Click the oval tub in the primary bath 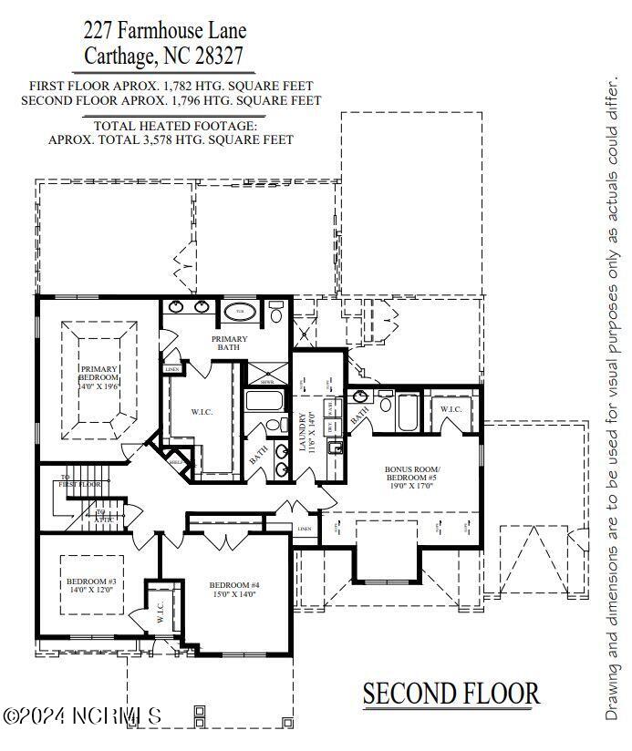pos(240,312)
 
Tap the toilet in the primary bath pos(276,312)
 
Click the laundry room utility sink pos(337,447)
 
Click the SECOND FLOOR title pos(451,694)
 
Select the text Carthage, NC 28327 pos(164,56)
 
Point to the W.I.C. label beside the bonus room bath pos(451,409)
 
